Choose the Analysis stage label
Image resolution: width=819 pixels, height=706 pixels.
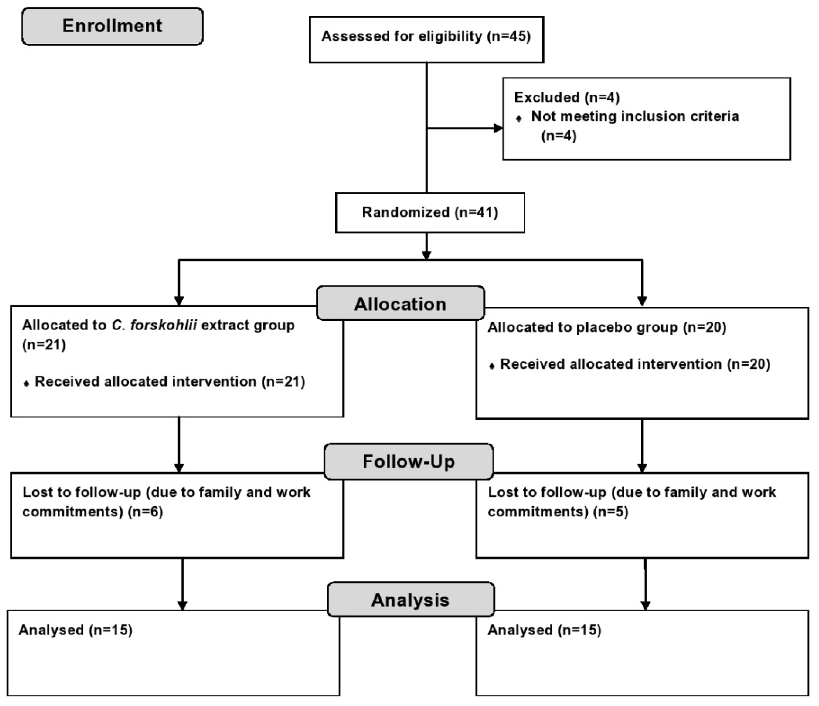click(x=410, y=600)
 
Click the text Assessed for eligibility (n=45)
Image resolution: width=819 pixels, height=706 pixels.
click(x=426, y=36)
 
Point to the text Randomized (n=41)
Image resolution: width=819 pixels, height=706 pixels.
click(x=430, y=212)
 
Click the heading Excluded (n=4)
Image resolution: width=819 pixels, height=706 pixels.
click(x=566, y=97)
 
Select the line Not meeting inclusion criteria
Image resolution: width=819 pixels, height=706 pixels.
click(x=634, y=116)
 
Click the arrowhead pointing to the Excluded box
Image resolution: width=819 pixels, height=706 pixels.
click(x=498, y=128)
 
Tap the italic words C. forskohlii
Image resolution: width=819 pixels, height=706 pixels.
click(x=154, y=325)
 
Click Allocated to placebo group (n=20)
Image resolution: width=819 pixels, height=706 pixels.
click(x=607, y=327)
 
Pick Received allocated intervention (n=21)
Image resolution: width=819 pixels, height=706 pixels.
click(x=170, y=381)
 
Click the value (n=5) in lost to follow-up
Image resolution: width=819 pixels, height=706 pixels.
click(x=610, y=512)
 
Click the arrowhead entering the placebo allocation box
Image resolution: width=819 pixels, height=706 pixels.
click(x=642, y=301)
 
